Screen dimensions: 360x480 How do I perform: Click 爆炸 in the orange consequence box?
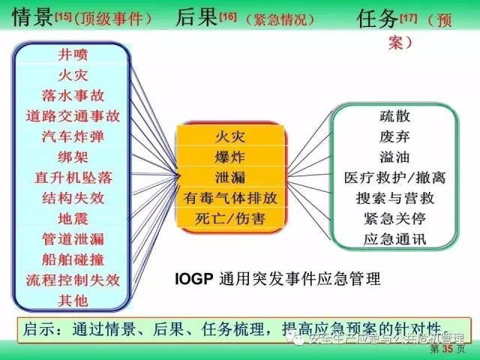coord(230,157)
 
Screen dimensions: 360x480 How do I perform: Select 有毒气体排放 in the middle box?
coord(230,198)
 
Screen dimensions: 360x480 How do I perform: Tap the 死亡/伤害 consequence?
coord(230,218)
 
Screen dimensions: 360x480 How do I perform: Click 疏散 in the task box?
coord(394,117)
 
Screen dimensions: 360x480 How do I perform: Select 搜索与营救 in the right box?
coord(394,199)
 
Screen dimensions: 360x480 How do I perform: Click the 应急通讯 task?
coord(394,240)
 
